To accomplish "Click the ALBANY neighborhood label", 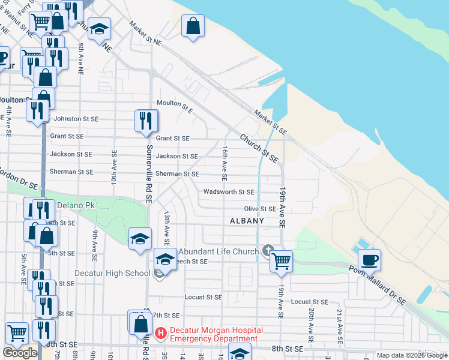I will [247, 221].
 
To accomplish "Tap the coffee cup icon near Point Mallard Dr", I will [370, 261].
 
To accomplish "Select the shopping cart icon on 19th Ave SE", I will [280, 262].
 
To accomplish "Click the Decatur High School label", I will [112, 273].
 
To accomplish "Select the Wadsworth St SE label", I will [228, 192].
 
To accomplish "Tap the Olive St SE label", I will [259, 209].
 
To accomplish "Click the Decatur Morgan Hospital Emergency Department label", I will [214, 334].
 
